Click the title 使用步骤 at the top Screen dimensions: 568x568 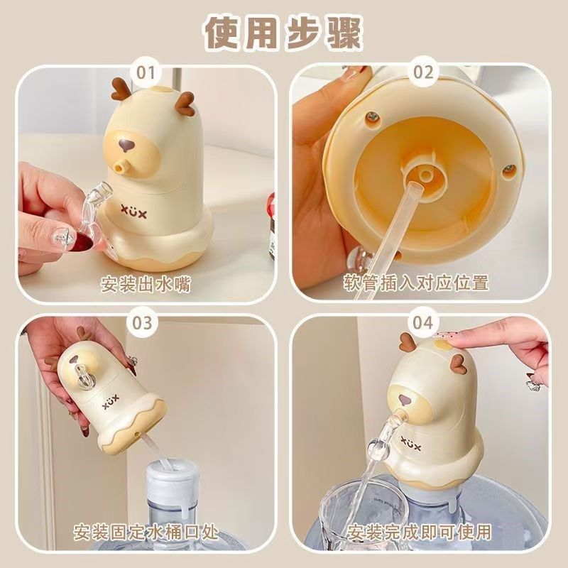(284, 32)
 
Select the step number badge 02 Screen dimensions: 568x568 (423, 72)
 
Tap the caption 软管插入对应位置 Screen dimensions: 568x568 (417, 283)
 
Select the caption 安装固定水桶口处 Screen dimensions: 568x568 (146, 530)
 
